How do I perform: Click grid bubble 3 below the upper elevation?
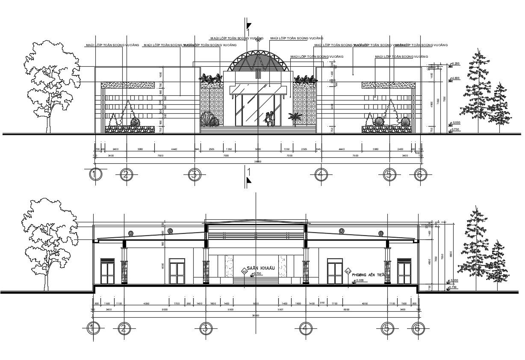click(194, 174)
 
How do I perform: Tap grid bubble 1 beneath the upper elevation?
click(95, 174)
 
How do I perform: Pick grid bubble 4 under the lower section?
click(305, 328)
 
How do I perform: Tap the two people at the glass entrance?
click(269, 119)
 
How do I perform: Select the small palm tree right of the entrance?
click(294, 118)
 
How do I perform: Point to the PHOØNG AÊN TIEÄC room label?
click(369, 276)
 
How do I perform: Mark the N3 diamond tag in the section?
click(245, 271)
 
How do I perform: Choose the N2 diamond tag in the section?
click(348, 271)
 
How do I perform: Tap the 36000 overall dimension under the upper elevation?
click(257, 162)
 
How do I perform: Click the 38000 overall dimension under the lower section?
click(256, 316)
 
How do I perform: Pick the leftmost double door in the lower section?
click(107, 271)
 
